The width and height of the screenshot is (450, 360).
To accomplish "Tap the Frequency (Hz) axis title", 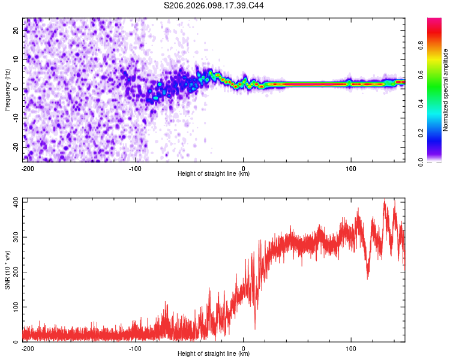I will click(x=8, y=89).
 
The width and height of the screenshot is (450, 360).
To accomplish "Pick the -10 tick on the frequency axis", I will click(x=16, y=118).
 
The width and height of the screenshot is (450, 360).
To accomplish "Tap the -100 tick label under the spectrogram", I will click(x=134, y=168).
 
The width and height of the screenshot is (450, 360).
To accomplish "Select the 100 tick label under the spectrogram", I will click(x=351, y=168).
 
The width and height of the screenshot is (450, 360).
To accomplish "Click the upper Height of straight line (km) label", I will click(x=214, y=174).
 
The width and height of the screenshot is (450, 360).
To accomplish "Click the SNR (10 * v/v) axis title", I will click(x=8, y=269).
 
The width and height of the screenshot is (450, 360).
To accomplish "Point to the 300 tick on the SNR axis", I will click(x=14, y=237).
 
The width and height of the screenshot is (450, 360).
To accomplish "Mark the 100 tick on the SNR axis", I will click(x=14, y=307).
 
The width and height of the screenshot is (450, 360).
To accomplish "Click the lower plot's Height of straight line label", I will click(x=214, y=354).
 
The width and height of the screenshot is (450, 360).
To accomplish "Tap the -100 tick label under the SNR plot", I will click(x=134, y=348).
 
